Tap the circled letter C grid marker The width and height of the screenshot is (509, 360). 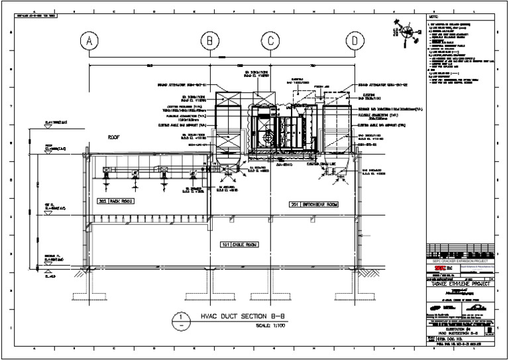[x=271, y=42]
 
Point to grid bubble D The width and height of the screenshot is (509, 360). [x=356, y=42]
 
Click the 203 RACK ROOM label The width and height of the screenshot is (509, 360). [x=117, y=201]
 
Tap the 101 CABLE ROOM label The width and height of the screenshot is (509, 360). [x=239, y=245]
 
